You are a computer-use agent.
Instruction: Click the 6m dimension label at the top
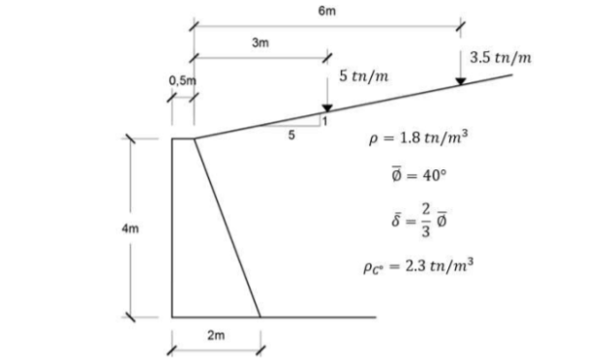[x=325, y=11]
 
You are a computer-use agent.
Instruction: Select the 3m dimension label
[x=259, y=44]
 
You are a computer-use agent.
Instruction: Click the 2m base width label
[x=216, y=335]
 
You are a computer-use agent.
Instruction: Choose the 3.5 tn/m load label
[x=500, y=57]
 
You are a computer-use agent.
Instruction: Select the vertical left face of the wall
[x=172, y=227]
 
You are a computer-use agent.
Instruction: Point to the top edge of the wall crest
[x=183, y=138]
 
